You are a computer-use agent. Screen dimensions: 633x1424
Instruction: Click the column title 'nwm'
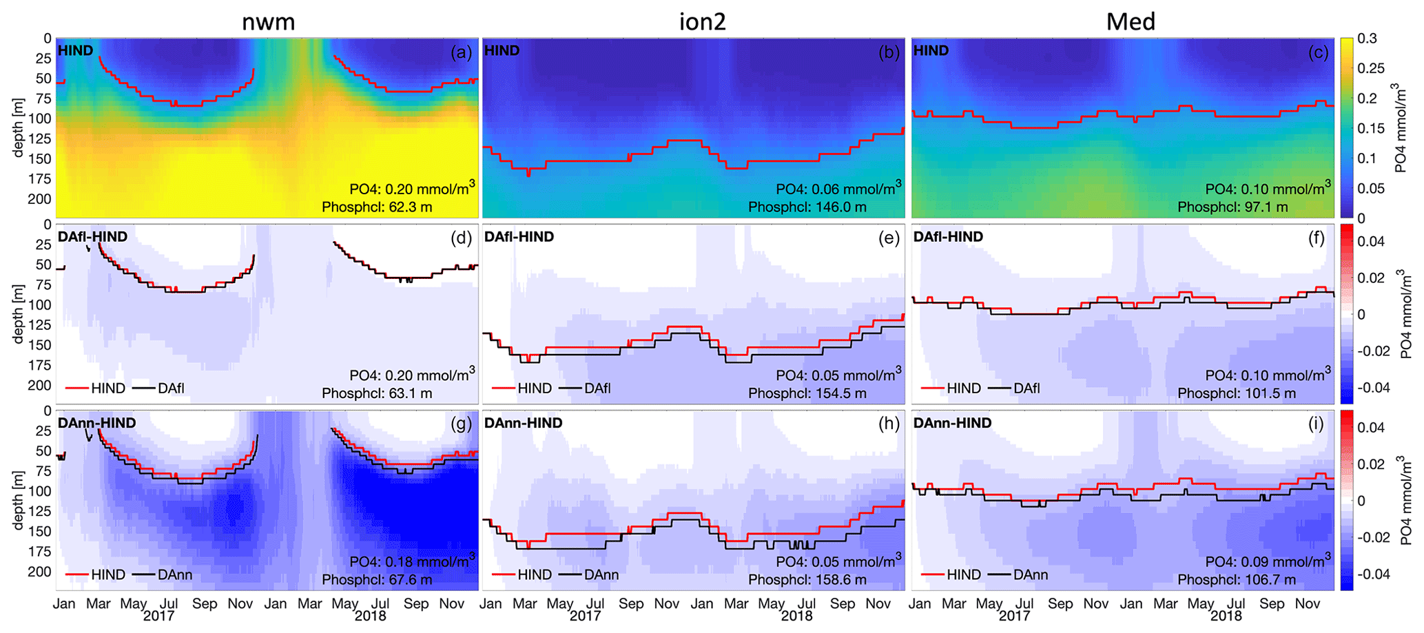pos(268,22)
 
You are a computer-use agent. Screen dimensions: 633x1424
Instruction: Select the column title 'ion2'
pos(702,22)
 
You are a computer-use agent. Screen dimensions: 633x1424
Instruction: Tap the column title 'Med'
pos(1131,22)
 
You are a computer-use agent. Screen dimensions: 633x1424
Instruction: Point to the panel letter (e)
pos(889,238)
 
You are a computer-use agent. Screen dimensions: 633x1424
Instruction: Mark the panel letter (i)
pos(1316,424)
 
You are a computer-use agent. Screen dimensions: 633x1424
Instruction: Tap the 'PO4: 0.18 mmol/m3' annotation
pos(412,561)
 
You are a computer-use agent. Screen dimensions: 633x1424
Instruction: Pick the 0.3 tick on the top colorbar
pos(1367,39)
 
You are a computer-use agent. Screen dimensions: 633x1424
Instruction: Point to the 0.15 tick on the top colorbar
pos(1371,129)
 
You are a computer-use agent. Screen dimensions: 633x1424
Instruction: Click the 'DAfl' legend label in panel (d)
pos(171,388)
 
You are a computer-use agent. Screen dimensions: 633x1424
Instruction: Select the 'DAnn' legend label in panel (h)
pos(601,575)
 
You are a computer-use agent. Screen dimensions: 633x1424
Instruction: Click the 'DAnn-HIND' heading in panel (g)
pos(97,423)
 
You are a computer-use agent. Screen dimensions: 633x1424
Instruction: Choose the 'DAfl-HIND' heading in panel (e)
pos(519,237)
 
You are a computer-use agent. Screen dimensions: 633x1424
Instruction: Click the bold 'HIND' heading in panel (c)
pos(931,50)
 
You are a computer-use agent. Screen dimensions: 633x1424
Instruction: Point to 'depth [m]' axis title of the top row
pos(19,127)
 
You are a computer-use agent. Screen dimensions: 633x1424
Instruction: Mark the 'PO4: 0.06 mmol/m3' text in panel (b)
pos(838,189)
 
